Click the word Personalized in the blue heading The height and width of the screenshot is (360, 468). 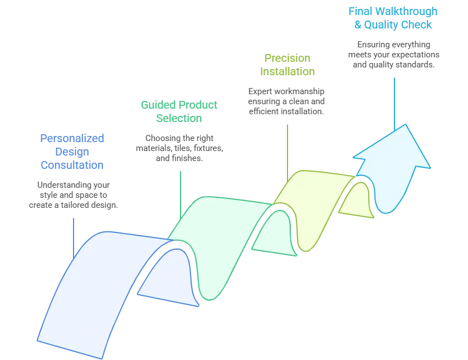tap(72, 138)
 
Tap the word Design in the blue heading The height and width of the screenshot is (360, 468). tap(72, 152)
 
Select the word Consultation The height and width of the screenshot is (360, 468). tap(72, 165)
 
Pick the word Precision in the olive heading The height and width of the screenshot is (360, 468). tap(287, 58)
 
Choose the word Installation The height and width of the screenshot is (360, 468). tap(287, 71)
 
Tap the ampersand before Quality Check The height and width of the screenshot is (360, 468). tap(358, 25)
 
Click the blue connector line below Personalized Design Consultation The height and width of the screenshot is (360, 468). tap(73, 234)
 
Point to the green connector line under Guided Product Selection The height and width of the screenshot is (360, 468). tap(181, 192)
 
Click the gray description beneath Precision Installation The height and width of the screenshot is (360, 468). tap(285, 100)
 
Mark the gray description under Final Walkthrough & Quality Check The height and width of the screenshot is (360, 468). tap(394, 55)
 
